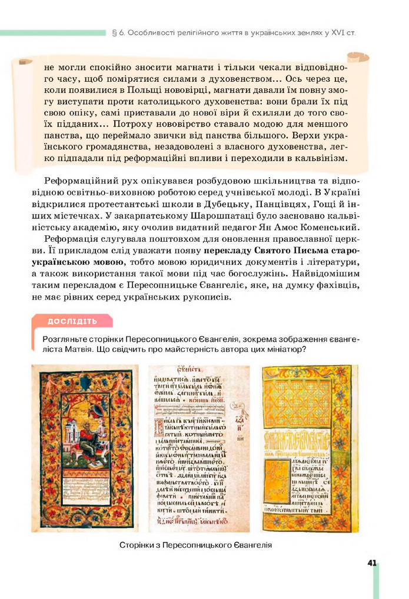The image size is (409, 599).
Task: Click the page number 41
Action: (371, 563)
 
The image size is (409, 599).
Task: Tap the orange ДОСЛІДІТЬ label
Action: (72, 321)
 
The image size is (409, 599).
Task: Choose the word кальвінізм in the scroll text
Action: (321, 158)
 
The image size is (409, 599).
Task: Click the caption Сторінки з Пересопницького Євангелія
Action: (195, 545)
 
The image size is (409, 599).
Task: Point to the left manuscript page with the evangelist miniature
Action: (84, 448)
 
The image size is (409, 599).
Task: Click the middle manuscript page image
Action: (198, 448)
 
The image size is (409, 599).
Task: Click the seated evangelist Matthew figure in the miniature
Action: (88, 438)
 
